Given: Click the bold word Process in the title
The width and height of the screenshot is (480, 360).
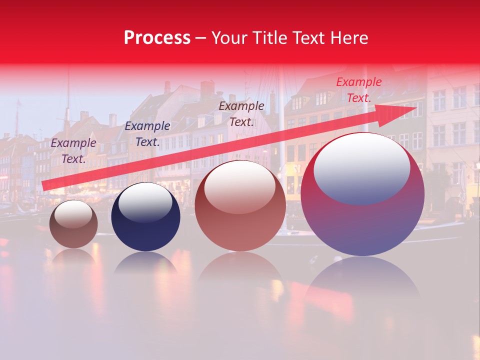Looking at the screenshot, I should (x=157, y=38).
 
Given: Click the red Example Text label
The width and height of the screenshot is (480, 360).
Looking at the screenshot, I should (x=358, y=90).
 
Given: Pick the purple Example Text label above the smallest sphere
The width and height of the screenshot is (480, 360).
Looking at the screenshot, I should (x=73, y=151).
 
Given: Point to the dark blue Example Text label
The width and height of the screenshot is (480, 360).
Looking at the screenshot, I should (x=147, y=134).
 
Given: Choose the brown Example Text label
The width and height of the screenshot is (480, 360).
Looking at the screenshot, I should (x=241, y=114).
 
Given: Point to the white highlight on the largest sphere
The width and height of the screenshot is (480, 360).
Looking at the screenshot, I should (x=361, y=168).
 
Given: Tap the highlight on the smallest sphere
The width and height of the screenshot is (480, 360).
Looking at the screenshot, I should (x=73, y=214).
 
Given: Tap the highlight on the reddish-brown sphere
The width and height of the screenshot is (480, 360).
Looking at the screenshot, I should (x=239, y=186).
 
